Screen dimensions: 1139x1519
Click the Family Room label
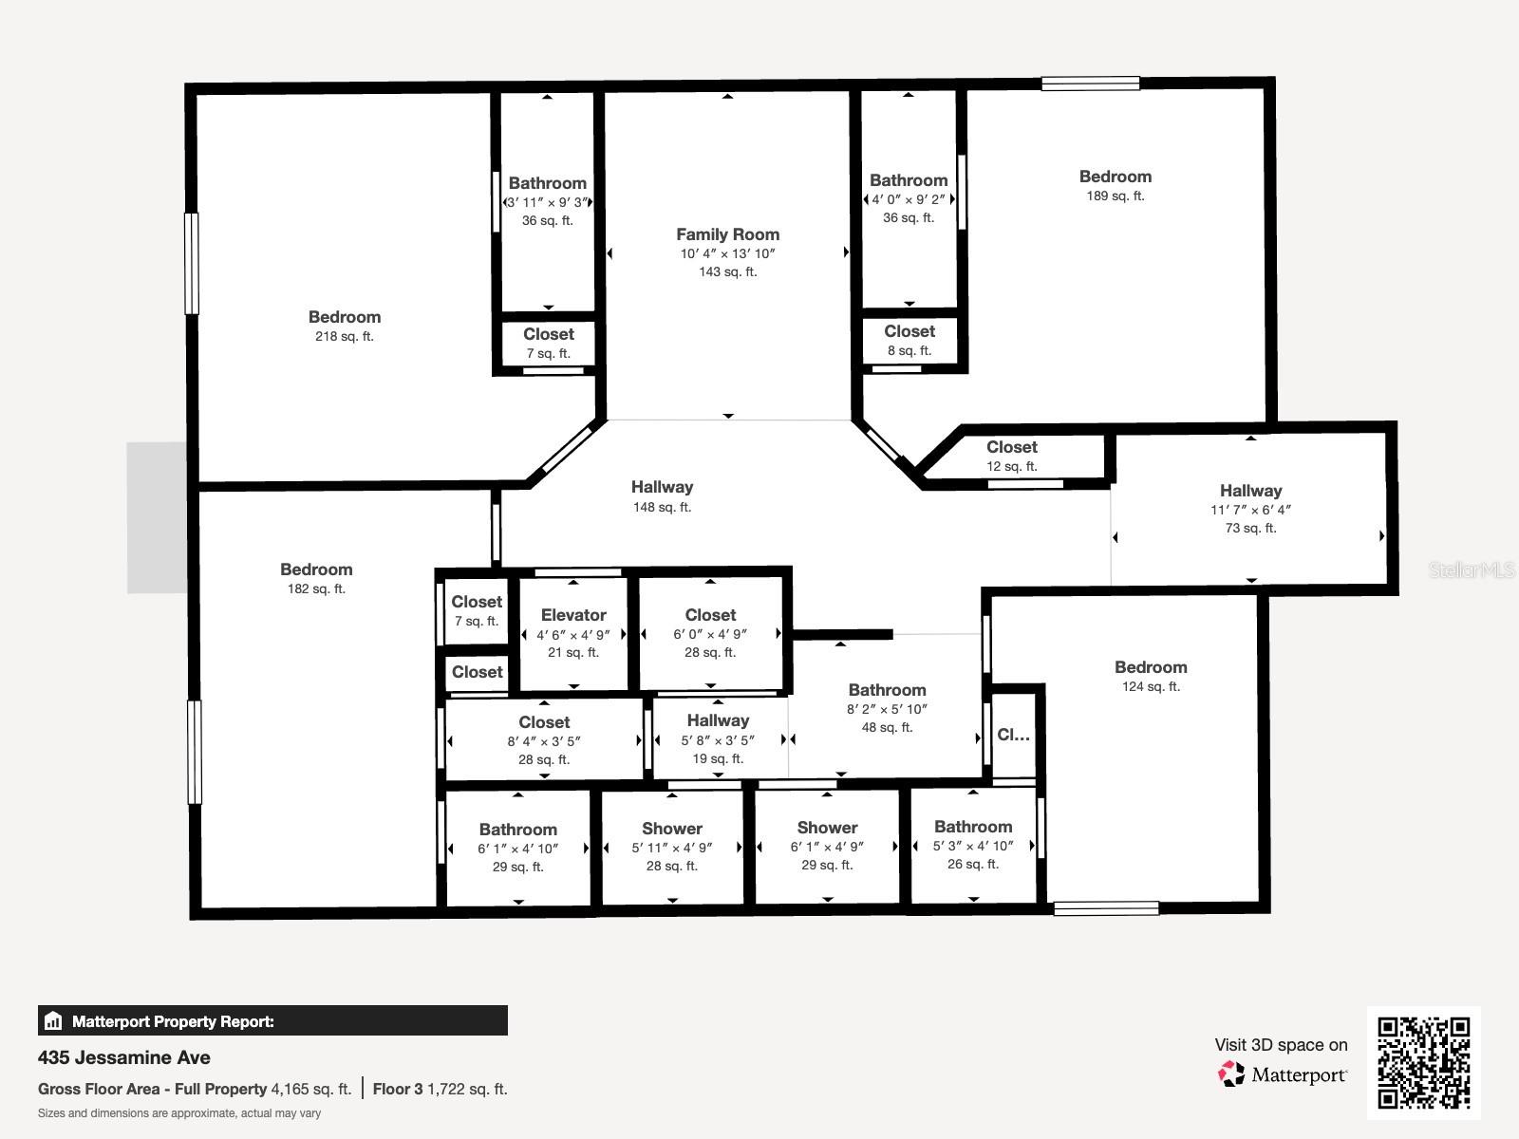click(727, 234)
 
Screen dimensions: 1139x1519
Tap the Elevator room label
click(573, 615)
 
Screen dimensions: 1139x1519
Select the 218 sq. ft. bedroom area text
click(344, 336)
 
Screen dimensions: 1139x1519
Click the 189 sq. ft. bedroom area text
click(1115, 196)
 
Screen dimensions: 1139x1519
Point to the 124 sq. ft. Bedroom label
click(1151, 667)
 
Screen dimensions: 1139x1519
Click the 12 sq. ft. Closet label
click(1011, 447)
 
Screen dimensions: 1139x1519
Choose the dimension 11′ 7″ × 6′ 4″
click(1250, 510)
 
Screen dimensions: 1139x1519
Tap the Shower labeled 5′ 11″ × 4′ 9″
click(671, 829)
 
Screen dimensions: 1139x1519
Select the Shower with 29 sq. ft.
click(827, 828)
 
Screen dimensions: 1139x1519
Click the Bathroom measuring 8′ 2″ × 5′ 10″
click(887, 690)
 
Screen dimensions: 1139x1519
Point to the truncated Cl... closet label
click(1013, 735)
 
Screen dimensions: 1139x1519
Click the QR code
click(1423, 1062)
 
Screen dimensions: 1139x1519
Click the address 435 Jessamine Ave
click(124, 1057)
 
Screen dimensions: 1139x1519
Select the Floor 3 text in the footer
click(397, 1089)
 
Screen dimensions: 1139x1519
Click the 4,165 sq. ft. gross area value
click(310, 1089)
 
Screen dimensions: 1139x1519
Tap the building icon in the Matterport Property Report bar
click(53, 1021)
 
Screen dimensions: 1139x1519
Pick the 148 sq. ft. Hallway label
click(662, 487)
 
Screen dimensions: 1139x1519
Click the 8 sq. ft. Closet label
click(909, 331)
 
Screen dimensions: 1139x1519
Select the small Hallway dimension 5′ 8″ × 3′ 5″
click(718, 740)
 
